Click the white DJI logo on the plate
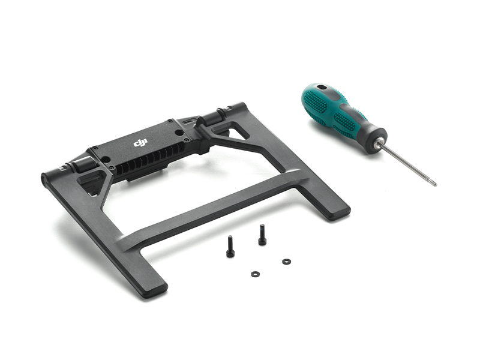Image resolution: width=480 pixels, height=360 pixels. pyautogui.click(x=140, y=143)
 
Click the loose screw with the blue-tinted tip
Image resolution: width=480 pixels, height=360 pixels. pyautogui.click(x=262, y=235)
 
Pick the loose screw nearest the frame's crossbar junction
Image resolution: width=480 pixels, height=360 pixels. pyautogui.click(x=230, y=246)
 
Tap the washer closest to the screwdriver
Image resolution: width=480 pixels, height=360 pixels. pyautogui.click(x=287, y=262)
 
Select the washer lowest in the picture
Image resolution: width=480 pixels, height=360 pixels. pyautogui.click(x=255, y=274)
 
